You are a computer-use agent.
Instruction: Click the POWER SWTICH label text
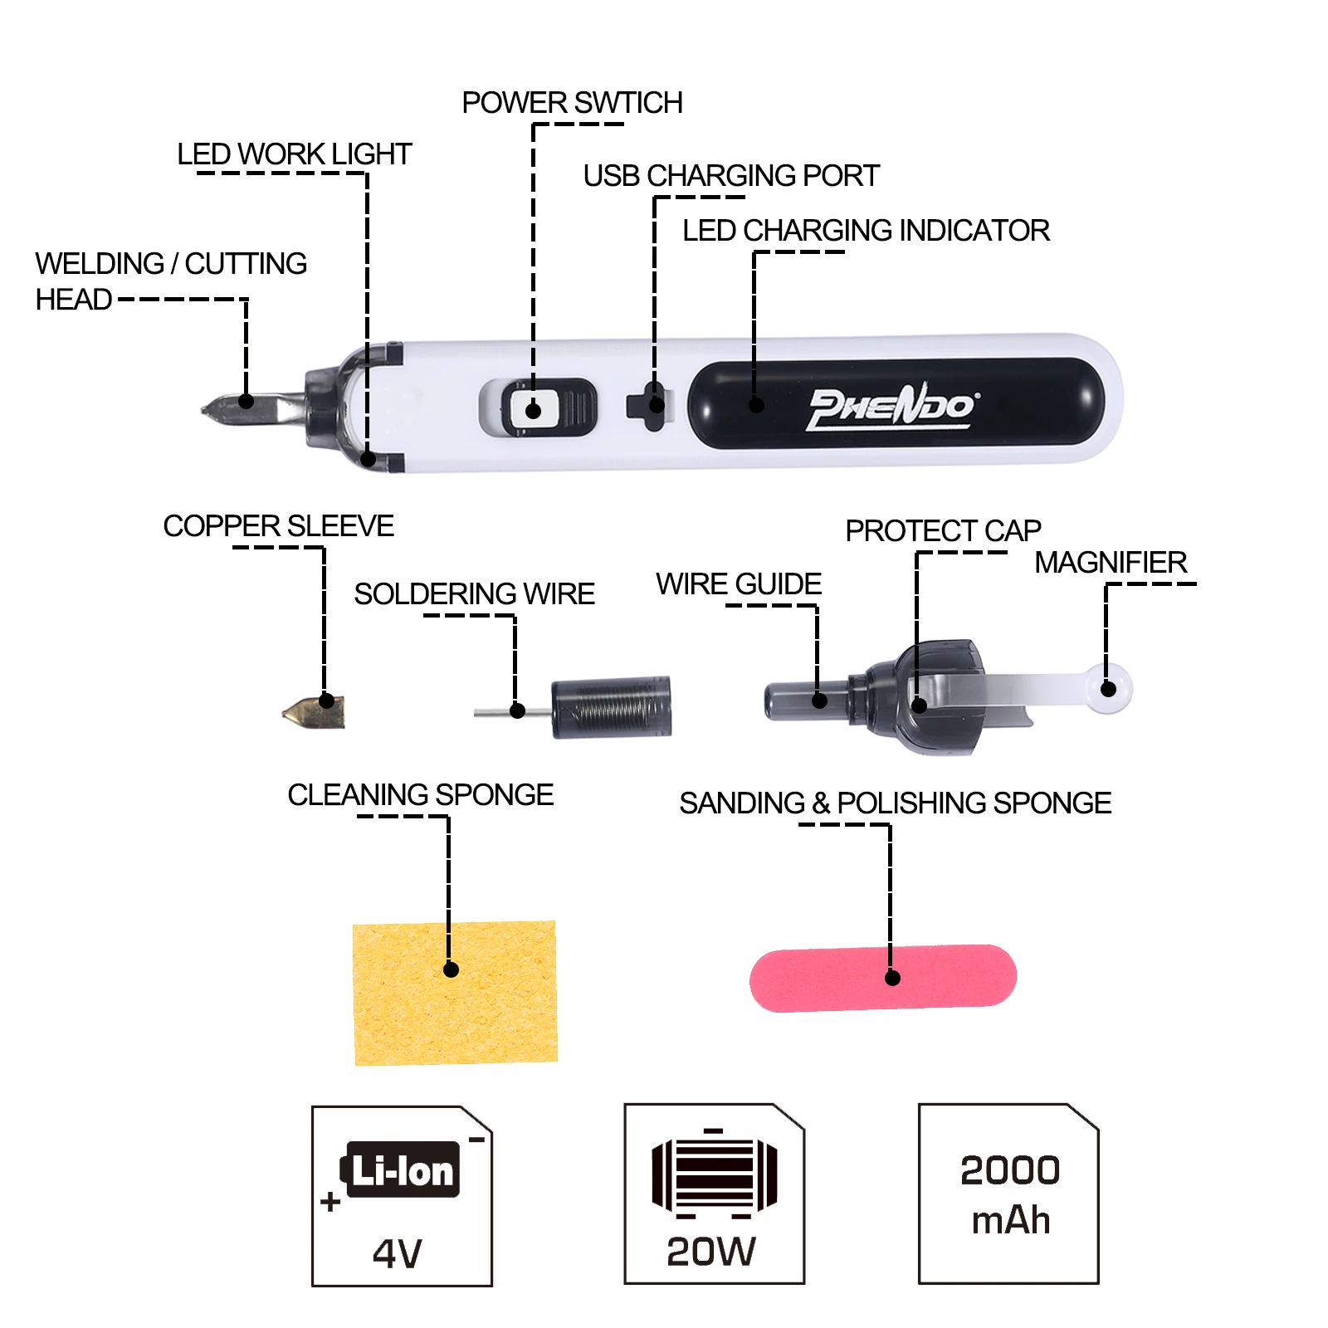572,103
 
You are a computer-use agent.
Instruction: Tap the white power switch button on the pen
534,408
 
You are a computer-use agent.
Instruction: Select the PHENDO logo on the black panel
892,407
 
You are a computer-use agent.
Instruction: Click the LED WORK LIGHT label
294,154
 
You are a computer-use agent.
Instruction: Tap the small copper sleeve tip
315,712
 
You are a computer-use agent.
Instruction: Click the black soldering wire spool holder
612,706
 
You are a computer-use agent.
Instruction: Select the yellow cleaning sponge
455,993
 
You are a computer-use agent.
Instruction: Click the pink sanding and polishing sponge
882,979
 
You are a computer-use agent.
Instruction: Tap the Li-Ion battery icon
401,1170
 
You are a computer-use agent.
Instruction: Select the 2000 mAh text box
1009,1195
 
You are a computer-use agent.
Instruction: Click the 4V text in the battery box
398,1253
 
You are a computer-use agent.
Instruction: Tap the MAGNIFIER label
1111,563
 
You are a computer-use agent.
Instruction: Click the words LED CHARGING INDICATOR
866,231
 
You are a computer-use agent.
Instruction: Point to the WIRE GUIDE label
738,584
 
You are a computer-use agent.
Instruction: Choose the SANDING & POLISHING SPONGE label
895,803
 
